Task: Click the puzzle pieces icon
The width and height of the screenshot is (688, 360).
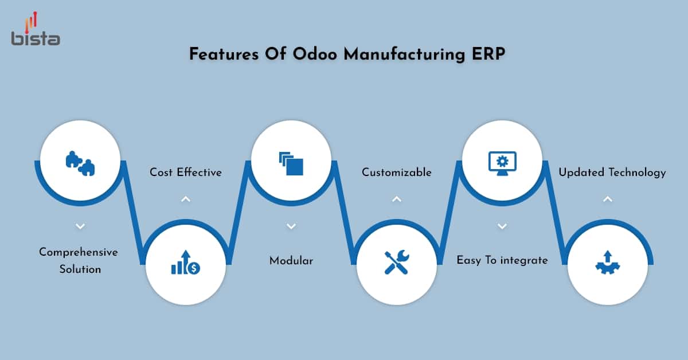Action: pyautogui.click(x=80, y=162)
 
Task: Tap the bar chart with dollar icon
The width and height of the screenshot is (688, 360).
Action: pyautogui.click(x=185, y=263)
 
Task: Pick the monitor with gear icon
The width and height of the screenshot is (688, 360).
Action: pyautogui.click(x=502, y=162)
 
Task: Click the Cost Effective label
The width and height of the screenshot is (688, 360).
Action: pyautogui.click(x=186, y=172)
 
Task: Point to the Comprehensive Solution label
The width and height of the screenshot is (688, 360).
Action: pyautogui.click(x=79, y=260)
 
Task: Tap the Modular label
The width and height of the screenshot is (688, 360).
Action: pyautogui.click(x=291, y=260)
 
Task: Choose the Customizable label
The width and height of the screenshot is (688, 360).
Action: pyautogui.click(x=397, y=172)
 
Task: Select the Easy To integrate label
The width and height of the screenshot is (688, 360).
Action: pyautogui.click(x=502, y=260)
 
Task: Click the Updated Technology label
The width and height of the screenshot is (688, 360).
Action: pyautogui.click(x=612, y=172)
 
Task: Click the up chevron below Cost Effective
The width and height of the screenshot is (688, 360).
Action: pyautogui.click(x=185, y=199)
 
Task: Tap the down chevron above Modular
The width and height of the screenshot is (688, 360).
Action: pyautogui.click(x=291, y=226)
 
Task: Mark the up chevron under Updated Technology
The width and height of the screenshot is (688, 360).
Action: pyautogui.click(x=608, y=199)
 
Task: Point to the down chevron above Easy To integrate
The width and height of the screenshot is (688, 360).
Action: pyautogui.click(x=502, y=226)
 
